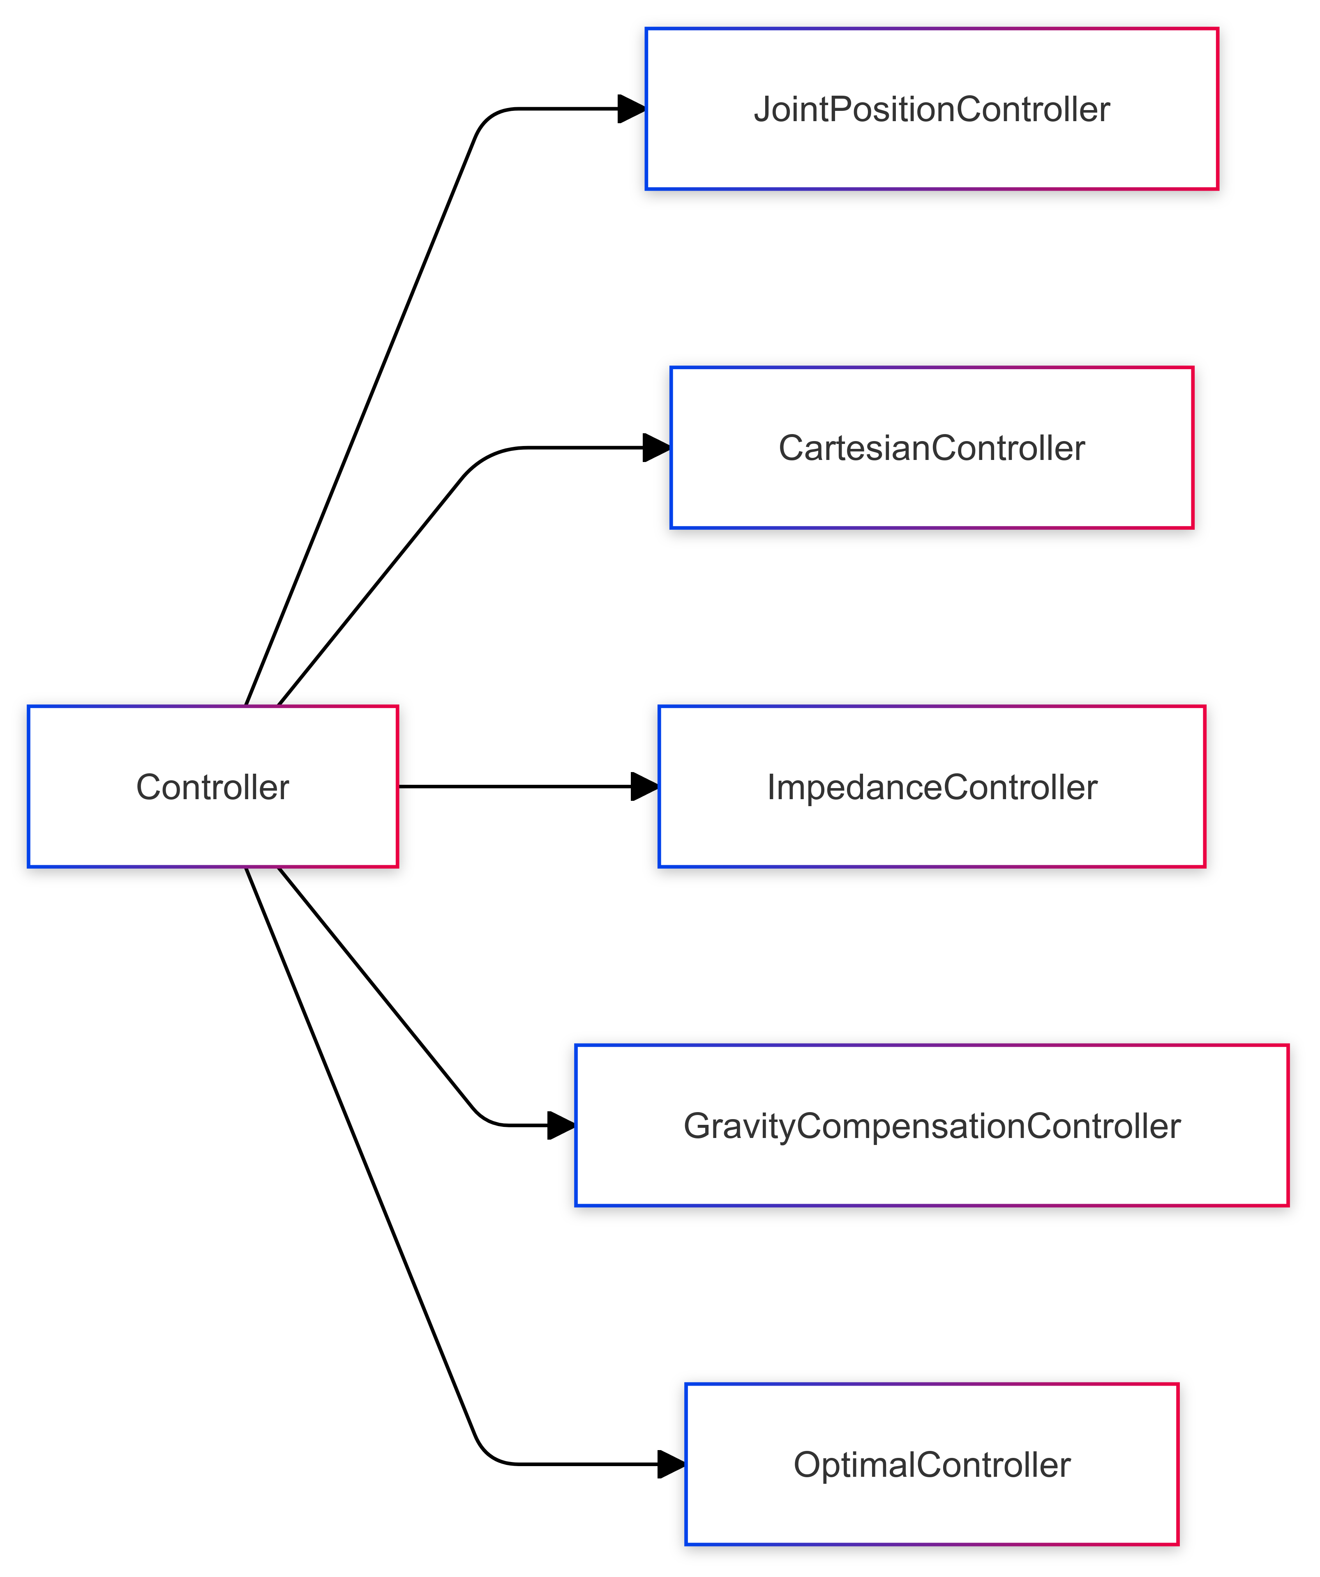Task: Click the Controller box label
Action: pyautogui.click(x=212, y=787)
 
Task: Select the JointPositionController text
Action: pyautogui.click(x=932, y=110)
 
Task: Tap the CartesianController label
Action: pyautogui.click(x=932, y=448)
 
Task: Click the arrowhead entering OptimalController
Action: pyautogui.click(x=671, y=1464)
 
